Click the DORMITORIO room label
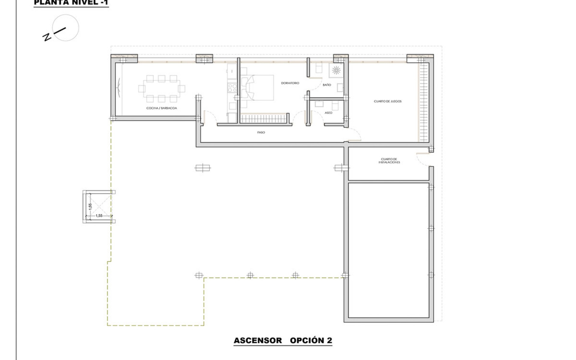tap(290, 83)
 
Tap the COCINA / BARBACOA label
tap(161, 108)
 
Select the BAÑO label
tap(327, 85)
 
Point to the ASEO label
tap(328, 113)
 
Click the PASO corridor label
tap(261, 132)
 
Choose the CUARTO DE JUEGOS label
tap(388, 101)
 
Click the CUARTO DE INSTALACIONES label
tap(389, 160)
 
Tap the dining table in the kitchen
tap(161, 88)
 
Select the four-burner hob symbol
tap(232, 88)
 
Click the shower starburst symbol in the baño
tap(336, 70)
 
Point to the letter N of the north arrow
tap(47, 37)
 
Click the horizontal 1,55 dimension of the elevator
tap(99, 216)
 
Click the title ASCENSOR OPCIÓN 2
tap(283, 340)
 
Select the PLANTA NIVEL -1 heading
tap(71, 3)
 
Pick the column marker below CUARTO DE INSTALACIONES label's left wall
tap(341, 168)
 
